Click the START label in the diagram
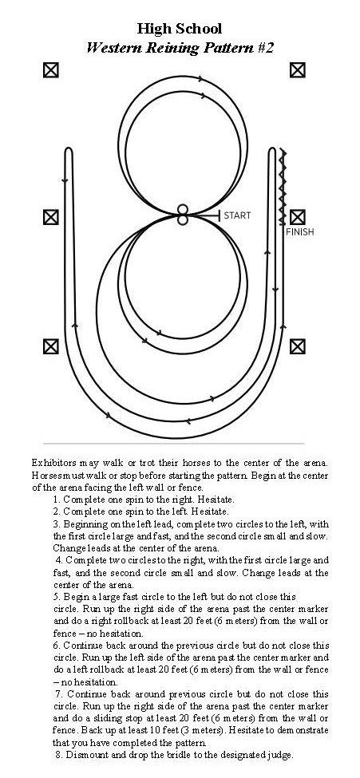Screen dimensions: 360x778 coord(237,215)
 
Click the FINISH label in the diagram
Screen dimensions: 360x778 coord(300,231)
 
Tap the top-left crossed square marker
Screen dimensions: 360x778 coord(50,70)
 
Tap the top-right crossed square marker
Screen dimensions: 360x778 coord(298,70)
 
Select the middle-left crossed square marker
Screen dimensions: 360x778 coord(50,217)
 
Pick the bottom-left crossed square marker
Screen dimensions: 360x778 coord(50,346)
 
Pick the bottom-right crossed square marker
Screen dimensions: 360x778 coord(298,346)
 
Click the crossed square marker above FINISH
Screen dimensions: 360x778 coord(298,217)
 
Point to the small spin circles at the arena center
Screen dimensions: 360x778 coord(183,215)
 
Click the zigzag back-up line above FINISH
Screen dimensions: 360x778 coord(283,187)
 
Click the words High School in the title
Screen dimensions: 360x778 coord(180,29)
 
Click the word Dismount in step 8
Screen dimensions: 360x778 coord(82,755)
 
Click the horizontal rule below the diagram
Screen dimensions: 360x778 coord(174,443)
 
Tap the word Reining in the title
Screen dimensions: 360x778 coord(172,48)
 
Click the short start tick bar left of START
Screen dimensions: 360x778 coord(219,215)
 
